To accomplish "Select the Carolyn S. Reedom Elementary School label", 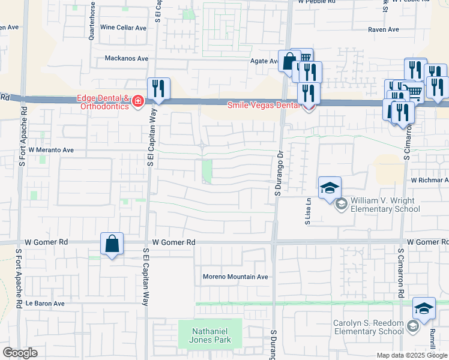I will click(369, 327).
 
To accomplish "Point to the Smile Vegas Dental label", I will click(264, 105).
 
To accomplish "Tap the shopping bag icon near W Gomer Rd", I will click(112, 244).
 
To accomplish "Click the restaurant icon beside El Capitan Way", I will click(158, 89).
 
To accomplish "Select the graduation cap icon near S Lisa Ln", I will click(330, 188).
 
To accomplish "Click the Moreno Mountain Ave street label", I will click(235, 277).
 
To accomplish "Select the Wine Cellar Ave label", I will click(123, 28).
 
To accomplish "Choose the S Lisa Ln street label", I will click(308, 212).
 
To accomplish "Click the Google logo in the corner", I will click(20, 353).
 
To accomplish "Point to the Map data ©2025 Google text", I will click(411, 355).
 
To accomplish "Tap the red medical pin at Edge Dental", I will click(138, 101).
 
